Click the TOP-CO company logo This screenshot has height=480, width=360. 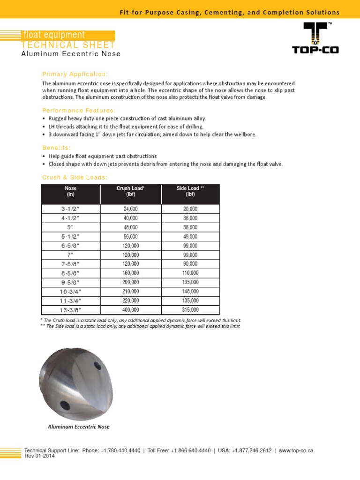tap(315, 38)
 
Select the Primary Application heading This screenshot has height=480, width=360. tap(75, 74)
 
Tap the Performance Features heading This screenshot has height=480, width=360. tap(79, 110)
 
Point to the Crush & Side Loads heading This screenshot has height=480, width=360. tap(75, 177)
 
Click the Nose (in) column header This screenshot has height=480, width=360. tap(71, 191)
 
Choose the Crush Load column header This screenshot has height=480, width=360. tap(131, 191)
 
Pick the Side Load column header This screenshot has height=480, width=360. tap(190, 191)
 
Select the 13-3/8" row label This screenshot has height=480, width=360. tap(71, 310)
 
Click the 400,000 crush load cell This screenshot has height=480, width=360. tap(131, 310)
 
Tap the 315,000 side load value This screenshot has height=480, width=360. tap(190, 310)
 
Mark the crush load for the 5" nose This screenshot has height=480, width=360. tap(131, 227)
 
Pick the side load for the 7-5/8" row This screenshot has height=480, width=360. tap(190, 264)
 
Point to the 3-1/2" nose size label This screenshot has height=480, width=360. tap(71, 209)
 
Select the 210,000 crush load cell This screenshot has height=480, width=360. tap(131, 292)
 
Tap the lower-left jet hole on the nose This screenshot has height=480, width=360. tap(63, 404)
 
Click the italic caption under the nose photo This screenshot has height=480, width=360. tap(78, 427)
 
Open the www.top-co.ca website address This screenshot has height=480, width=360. tap(296, 450)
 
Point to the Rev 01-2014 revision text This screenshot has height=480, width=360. tap(39, 456)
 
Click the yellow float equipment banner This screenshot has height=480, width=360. tap(68, 35)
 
